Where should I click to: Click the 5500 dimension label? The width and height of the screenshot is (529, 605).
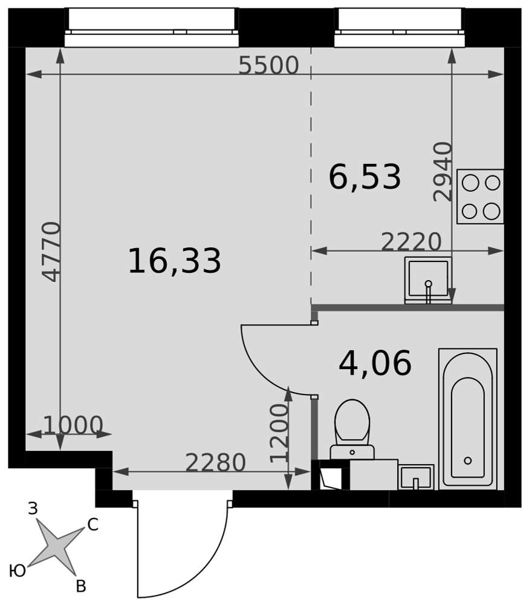(268, 65)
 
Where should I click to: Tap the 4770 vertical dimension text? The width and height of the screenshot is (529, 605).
(51, 252)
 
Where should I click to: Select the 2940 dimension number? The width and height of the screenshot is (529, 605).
(443, 172)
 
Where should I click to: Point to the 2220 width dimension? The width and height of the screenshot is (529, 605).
(411, 241)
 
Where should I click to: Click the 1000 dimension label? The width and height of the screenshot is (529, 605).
(73, 425)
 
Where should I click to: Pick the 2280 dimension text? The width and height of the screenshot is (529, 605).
(216, 462)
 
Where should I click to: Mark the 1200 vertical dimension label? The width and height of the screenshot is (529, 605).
(279, 433)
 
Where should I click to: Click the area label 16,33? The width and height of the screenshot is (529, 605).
(174, 261)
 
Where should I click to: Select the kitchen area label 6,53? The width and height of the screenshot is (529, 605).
(365, 177)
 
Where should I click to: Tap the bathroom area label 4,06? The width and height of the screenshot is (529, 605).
(375, 364)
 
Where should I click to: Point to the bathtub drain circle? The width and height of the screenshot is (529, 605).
(468, 460)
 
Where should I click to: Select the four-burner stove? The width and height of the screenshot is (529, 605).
(480, 197)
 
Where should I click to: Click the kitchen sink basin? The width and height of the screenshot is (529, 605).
(428, 280)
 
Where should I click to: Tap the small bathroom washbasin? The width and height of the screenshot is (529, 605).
(416, 477)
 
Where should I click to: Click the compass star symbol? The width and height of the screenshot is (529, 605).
(56, 546)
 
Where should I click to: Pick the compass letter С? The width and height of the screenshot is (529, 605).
(93, 525)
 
